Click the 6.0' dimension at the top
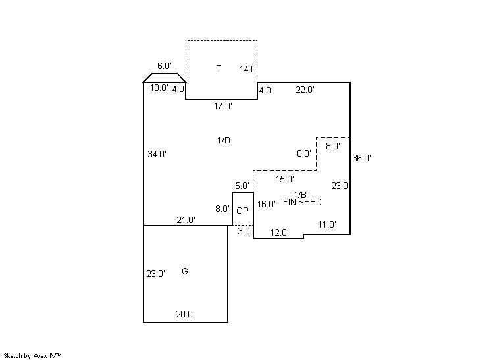click(165, 66)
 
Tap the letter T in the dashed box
click(219, 68)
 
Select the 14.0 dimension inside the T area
click(247, 70)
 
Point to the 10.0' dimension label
click(159, 88)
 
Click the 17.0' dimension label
click(222, 106)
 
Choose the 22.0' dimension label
click(305, 90)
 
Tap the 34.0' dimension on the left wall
click(157, 155)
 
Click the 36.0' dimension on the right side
click(362, 158)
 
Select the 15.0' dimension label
click(284, 179)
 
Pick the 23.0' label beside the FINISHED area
click(340, 186)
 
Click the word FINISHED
click(302, 203)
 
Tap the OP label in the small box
click(242, 211)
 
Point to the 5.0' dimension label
click(242, 186)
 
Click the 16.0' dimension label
click(266, 205)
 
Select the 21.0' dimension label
click(186, 220)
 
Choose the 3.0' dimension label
click(244, 232)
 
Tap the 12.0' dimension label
click(280, 232)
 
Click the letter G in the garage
click(185, 271)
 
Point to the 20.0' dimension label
click(185, 315)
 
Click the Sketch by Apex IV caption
click(32, 355)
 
